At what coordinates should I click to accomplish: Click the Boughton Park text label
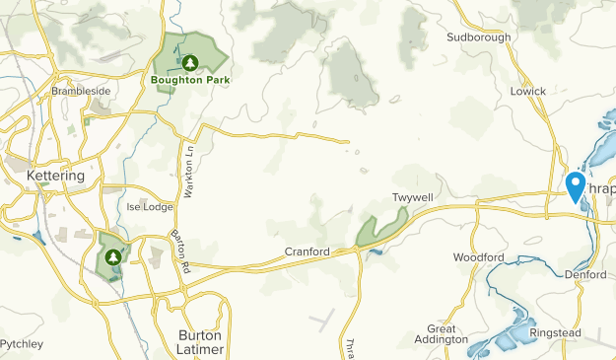click(191, 79)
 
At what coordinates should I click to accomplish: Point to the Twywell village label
click(412, 198)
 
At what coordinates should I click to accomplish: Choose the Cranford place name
click(307, 252)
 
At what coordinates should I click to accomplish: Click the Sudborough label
click(479, 37)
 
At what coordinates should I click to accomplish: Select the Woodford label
click(478, 257)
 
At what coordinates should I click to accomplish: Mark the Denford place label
click(585, 274)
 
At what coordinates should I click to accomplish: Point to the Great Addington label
click(446, 333)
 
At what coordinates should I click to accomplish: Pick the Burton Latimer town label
click(201, 342)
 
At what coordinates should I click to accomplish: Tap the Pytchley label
click(21, 344)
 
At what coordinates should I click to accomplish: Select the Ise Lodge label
click(150, 207)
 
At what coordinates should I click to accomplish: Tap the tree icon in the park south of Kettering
click(112, 256)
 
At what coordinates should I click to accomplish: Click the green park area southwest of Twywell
click(376, 231)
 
